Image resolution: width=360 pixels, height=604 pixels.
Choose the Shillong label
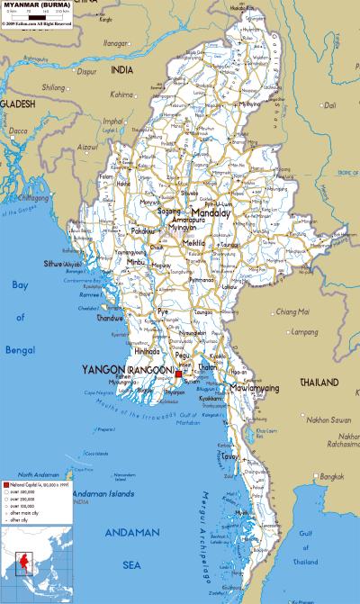coord(54,87)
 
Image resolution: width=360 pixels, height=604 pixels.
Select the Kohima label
coord(121,93)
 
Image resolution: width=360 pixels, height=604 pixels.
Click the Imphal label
coord(112,121)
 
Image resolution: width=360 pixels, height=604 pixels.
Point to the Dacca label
coord(19,131)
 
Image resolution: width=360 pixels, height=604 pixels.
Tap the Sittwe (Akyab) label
coord(61,264)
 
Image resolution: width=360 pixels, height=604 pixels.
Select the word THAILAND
coord(319,382)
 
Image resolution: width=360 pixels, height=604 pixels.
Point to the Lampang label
coord(306,333)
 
